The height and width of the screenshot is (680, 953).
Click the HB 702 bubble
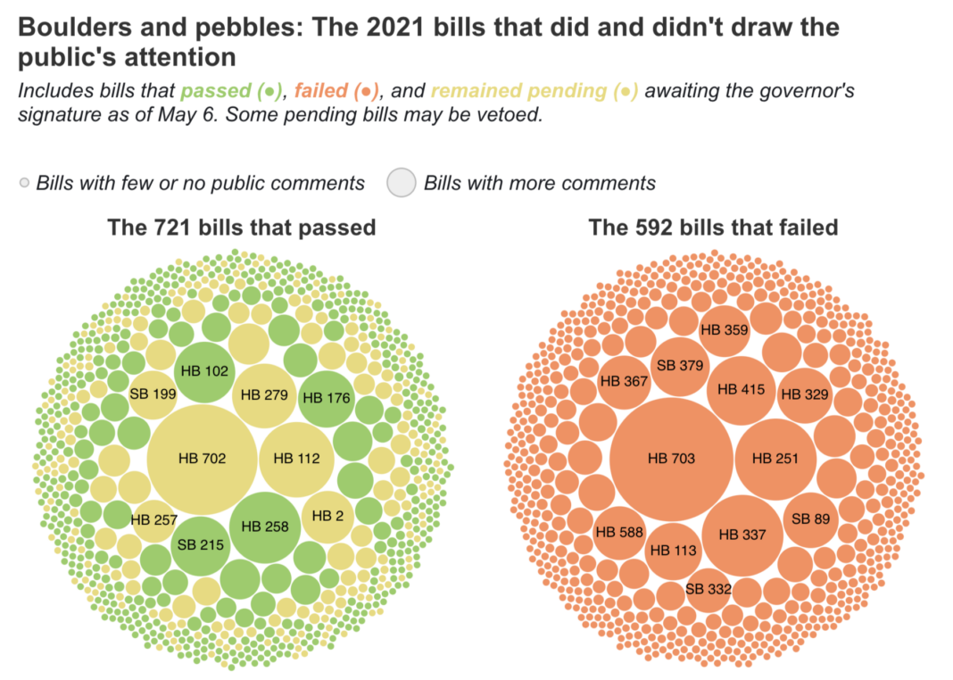click(x=202, y=459)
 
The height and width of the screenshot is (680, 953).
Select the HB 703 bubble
click(x=672, y=459)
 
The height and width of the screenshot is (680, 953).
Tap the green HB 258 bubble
click(x=265, y=527)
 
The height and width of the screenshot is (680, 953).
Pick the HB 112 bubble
click(x=296, y=459)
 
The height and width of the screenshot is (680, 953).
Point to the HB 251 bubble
click(x=775, y=459)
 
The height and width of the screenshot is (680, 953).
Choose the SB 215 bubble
click(x=199, y=543)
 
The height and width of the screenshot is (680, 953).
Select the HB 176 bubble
click(x=326, y=398)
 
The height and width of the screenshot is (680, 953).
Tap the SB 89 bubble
click(x=810, y=518)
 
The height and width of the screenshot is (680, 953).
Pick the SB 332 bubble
click(x=709, y=589)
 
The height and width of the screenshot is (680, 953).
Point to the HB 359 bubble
click(x=724, y=329)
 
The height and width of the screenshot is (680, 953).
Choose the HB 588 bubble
click(x=618, y=533)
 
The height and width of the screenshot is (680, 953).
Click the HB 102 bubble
click(x=203, y=371)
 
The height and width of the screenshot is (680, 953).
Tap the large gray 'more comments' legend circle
click(x=402, y=183)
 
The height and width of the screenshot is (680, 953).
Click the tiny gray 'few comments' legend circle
click(x=24, y=184)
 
